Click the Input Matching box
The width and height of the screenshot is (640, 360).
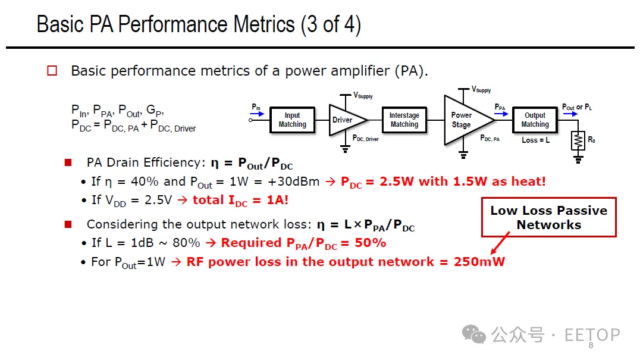(x=292, y=120)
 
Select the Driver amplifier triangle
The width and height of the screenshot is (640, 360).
(x=344, y=120)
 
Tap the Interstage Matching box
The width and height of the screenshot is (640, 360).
(x=404, y=120)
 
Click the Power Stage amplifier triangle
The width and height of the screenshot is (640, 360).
(x=464, y=120)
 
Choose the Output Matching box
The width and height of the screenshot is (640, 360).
(x=535, y=120)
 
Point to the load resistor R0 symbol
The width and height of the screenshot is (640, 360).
(x=577, y=141)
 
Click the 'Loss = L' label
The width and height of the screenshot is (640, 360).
(x=535, y=140)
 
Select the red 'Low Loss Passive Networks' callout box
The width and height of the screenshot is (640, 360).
(x=548, y=217)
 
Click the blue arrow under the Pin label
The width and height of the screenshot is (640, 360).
(x=256, y=114)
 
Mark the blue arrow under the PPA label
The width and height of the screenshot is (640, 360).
(x=500, y=114)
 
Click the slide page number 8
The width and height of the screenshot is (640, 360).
(x=591, y=346)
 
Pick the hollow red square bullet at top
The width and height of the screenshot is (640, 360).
(x=52, y=71)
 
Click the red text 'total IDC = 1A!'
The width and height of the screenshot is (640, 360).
(x=240, y=200)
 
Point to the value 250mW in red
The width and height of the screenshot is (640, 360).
(x=479, y=262)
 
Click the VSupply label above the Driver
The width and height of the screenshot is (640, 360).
(x=363, y=95)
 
